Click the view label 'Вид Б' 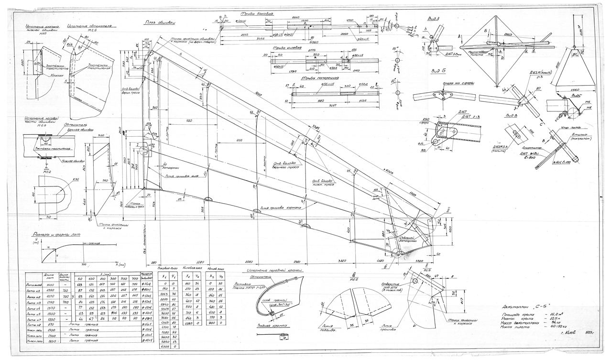pos(436,71)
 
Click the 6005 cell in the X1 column pos(164,346)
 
